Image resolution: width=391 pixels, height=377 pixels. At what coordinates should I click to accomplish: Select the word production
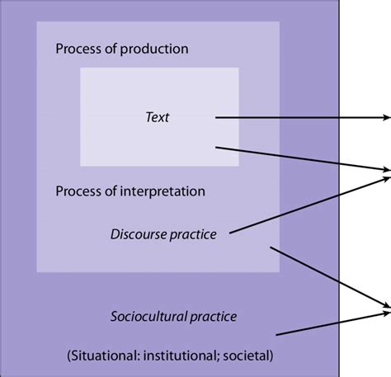[x=152, y=49]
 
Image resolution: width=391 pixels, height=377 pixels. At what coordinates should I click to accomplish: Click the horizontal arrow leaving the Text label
[x=297, y=118]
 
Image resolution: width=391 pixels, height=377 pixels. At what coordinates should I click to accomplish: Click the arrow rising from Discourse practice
[x=305, y=203]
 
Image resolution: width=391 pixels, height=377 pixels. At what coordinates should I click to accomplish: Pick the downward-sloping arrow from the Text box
[x=297, y=159]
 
